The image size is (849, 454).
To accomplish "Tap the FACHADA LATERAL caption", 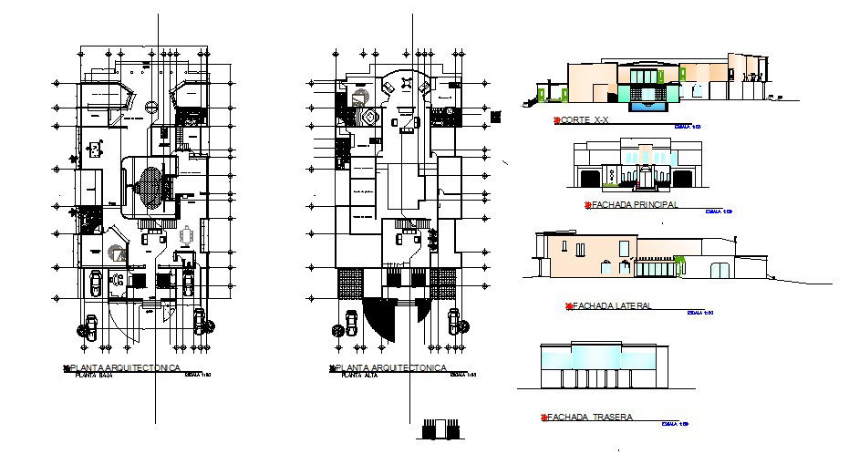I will tap(612, 305).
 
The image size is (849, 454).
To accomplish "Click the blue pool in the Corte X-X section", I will tap(650, 104).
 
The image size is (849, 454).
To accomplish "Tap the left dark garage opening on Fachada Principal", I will tap(590, 177).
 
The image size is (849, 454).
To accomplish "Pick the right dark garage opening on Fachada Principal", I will tap(685, 177).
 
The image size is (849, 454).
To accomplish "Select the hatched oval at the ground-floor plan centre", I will tap(151, 188).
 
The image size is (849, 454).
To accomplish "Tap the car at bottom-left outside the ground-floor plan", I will tap(91, 326).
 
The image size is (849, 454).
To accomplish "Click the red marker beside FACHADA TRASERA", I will tap(544, 418).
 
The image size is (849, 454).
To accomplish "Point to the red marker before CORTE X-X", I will tap(555, 120).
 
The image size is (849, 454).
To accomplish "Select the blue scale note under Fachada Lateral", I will tap(699, 312).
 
